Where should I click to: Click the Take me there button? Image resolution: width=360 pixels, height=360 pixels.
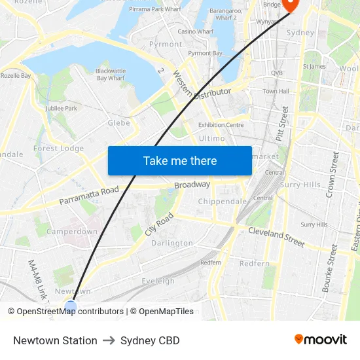point(180,160)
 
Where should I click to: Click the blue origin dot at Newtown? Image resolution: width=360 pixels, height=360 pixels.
point(71,306)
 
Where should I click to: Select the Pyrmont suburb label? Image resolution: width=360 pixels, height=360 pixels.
point(166,44)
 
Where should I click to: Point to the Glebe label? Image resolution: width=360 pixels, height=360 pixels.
point(118,122)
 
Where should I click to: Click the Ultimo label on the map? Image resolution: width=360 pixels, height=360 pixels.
point(211,138)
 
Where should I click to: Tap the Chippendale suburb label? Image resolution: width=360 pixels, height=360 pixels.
point(222,201)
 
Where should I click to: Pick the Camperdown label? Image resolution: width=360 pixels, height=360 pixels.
point(72,231)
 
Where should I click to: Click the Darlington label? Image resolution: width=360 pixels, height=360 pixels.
point(172,243)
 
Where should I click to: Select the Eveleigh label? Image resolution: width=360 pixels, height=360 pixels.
point(158,281)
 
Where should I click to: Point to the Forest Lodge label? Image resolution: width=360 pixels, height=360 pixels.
point(59,148)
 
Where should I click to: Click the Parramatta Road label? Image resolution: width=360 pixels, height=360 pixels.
point(89,196)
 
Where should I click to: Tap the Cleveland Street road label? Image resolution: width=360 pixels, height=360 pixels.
point(276,237)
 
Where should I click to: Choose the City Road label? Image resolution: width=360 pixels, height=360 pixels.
point(160,225)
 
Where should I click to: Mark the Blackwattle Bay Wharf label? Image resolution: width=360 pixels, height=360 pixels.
point(110,74)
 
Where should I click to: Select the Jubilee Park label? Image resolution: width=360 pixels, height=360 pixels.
point(62,108)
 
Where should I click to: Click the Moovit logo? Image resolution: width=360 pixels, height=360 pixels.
point(320,340)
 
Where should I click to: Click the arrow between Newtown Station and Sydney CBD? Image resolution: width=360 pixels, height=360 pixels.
point(109,340)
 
